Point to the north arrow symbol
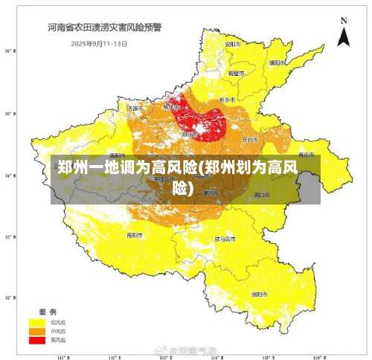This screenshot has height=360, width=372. point(343,37)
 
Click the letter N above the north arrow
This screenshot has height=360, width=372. point(343,20)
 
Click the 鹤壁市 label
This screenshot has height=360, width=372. point(236,74)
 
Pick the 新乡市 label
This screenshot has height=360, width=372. point(227,99)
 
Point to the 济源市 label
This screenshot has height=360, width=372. point(135,108)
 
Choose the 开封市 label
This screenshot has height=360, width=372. point(250,139)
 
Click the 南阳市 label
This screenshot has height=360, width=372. point(135,235)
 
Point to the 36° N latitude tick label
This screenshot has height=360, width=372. point(10,51)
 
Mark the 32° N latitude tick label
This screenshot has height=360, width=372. point(10,298)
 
